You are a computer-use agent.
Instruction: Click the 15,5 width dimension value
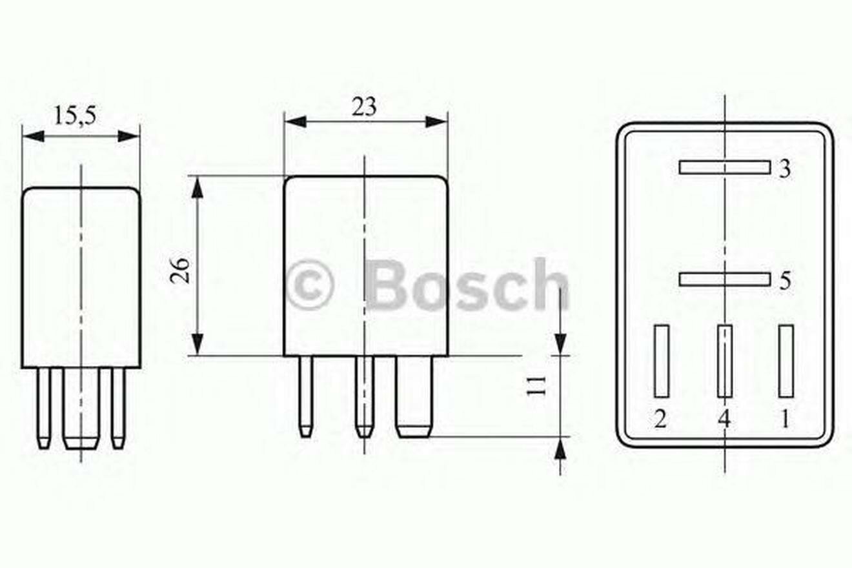click(75, 116)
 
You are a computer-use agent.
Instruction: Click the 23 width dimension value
click(364, 107)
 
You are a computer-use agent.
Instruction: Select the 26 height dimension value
click(180, 270)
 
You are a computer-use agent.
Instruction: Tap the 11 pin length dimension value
click(536, 385)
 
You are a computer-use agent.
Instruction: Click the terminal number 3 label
click(784, 169)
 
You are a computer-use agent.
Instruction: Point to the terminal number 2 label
click(660, 420)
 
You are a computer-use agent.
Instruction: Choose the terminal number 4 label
click(724, 420)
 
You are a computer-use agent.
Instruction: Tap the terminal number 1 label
click(785, 420)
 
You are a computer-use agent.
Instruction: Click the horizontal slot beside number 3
click(724, 168)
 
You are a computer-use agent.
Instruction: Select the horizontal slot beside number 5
click(724, 279)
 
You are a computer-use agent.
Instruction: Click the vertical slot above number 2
click(662, 361)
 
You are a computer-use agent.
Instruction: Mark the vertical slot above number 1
click(786, 361)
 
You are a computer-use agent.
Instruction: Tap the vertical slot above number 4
click(725, 361)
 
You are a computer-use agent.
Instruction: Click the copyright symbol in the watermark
click(309, 285)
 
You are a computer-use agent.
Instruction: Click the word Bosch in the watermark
click(466, 285)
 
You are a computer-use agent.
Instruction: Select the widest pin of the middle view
click(414, 396)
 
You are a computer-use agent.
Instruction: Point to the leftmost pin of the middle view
click(306, 396)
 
